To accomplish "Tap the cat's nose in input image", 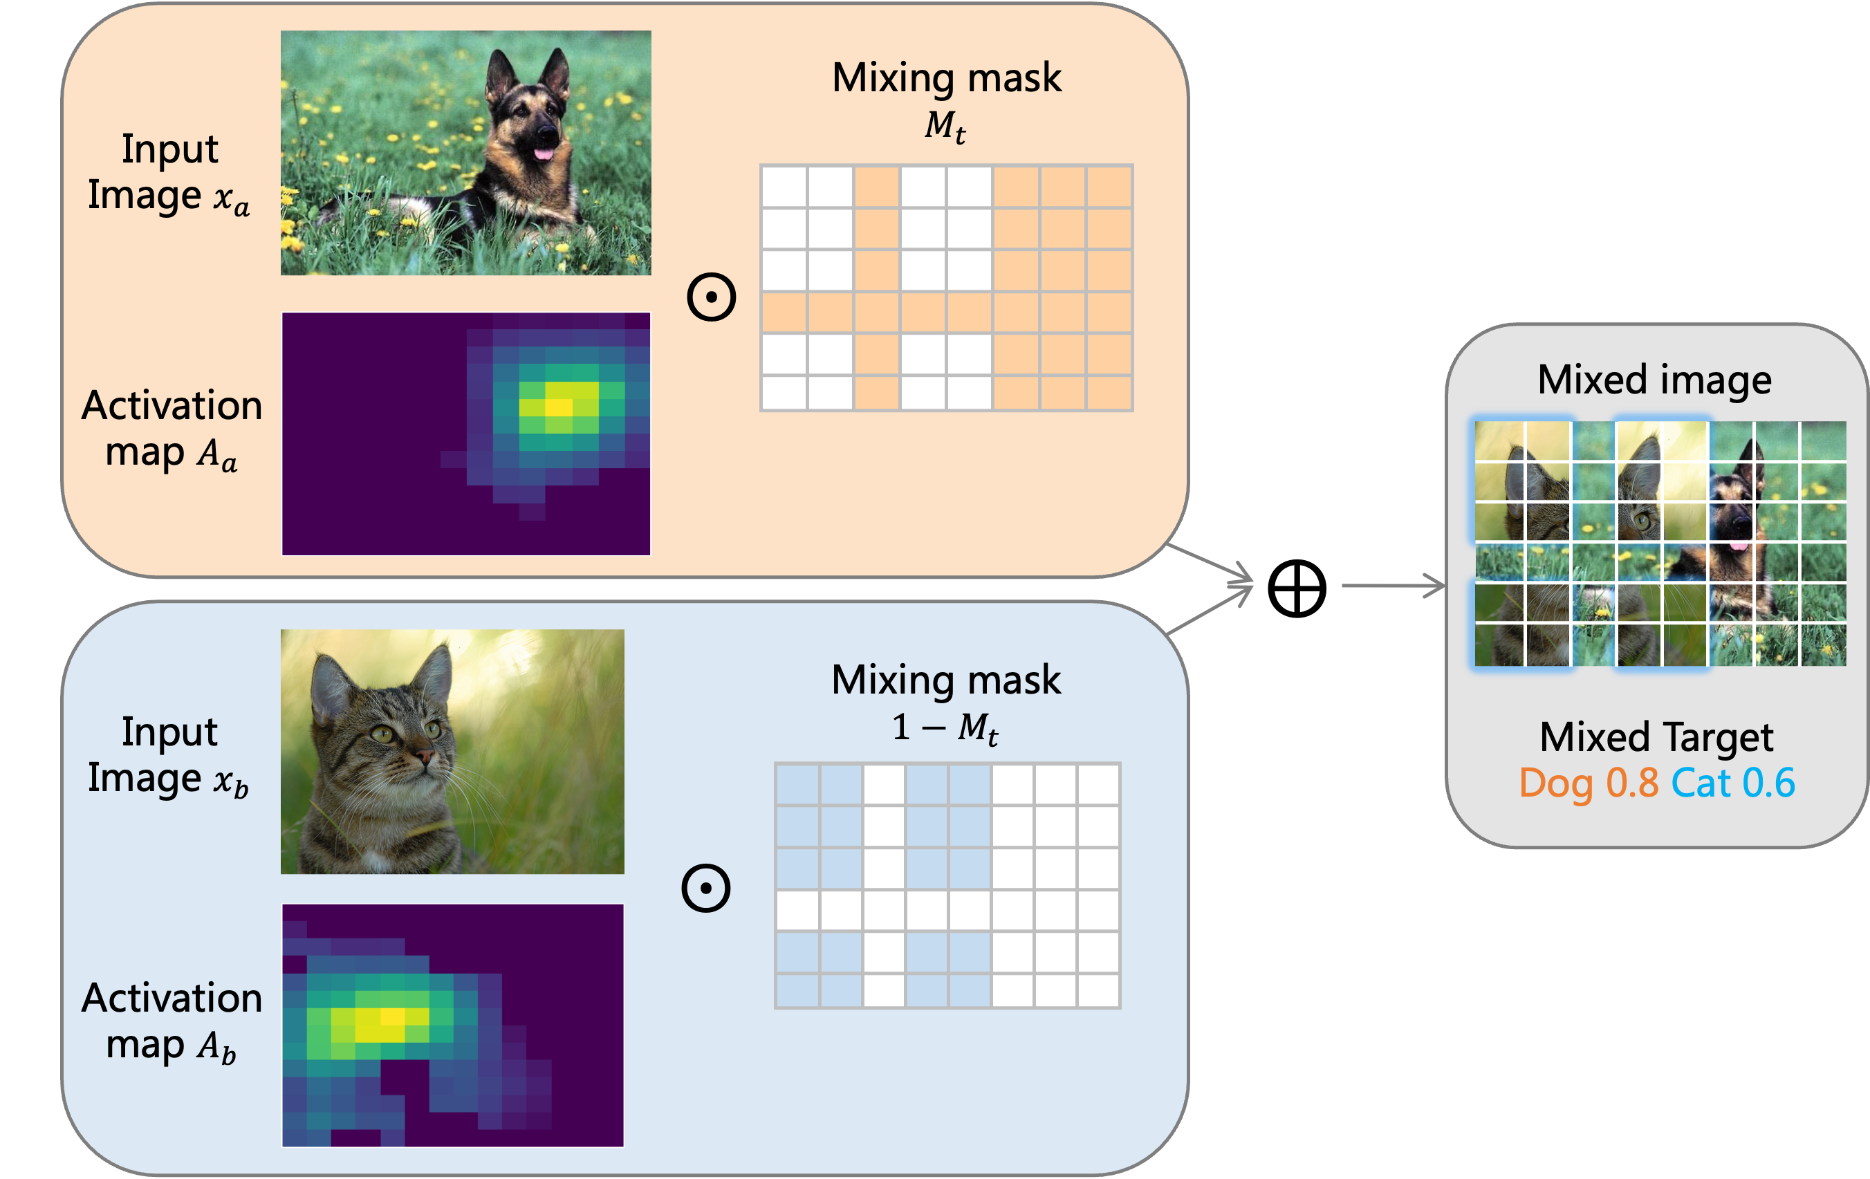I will click(x=424, y=756).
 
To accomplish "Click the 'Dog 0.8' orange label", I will click(x=1588, y=783).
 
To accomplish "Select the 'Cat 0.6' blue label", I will click(x=1732, y=783).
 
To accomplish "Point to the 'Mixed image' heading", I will click(x=1654, y=380).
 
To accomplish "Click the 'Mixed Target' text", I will click(x=1656, y=736).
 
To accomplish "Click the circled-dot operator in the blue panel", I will click(x=705, y=888).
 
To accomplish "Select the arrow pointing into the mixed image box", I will click(x=1394, y=586).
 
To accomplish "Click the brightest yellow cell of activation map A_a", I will click(x=558, y=406).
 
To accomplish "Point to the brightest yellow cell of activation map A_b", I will click(x=392, y=1016).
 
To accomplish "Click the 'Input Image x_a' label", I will click(x=169, y=172).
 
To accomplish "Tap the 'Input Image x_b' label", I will click(x=169, y=756).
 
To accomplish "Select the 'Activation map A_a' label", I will click(x=172, y=429).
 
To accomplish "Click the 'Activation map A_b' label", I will click(x=172, y=1021).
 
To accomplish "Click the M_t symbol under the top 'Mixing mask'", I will click(x=945, y=126).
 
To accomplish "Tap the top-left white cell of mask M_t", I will click(x=784, y=187).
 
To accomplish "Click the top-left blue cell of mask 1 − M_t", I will click(x=797, y=784).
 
